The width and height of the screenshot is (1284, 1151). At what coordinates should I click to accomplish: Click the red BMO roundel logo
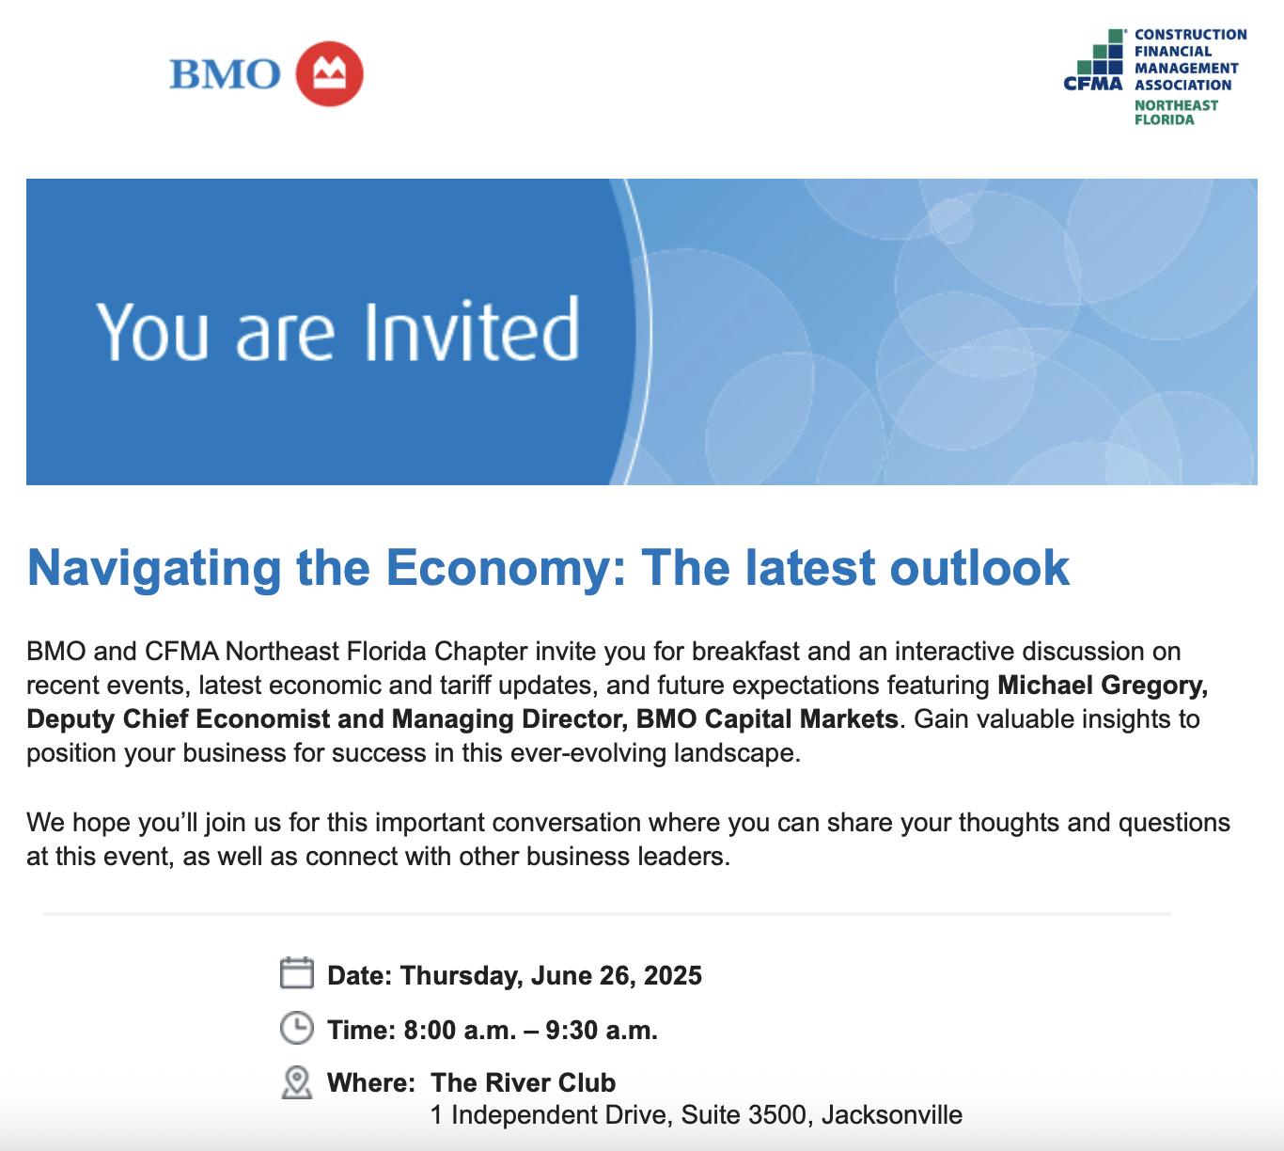click(330, 73)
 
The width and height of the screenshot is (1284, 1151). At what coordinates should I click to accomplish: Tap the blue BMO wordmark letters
click(225, 74)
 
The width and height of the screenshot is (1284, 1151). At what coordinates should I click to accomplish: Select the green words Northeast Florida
click(1176, 112)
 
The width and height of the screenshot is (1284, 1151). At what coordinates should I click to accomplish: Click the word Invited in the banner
click(472, 330)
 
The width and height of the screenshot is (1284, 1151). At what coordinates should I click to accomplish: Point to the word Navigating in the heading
click(154, 568)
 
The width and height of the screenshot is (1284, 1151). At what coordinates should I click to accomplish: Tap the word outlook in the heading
click(979, 567)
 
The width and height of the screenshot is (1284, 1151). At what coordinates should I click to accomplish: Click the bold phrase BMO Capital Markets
click(767, 718)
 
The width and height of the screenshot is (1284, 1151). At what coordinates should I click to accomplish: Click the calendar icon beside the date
click(297, 972)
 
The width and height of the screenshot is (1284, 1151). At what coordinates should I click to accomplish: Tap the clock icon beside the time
click(297, 1028)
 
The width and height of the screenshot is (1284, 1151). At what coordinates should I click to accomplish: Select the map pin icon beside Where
click(297, 1082)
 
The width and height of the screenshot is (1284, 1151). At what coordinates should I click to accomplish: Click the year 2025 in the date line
click(673, 975)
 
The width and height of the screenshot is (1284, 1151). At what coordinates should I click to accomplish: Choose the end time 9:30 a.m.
click(602, 1031)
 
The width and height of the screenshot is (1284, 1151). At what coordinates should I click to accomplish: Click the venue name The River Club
click(523, 1082)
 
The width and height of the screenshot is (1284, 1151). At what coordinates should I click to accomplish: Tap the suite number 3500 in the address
click(777, 1115)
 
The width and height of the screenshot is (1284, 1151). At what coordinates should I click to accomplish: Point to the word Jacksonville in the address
click(892, 1115)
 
